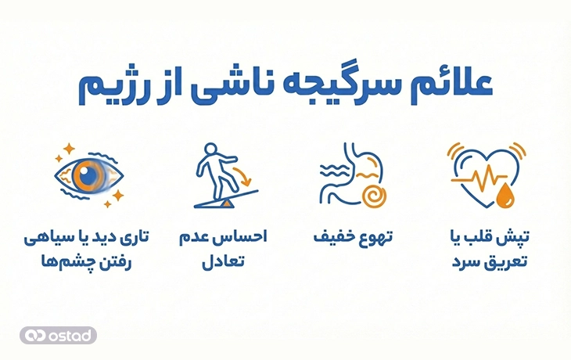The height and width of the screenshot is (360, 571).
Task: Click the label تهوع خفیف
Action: [x=353, y=236]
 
